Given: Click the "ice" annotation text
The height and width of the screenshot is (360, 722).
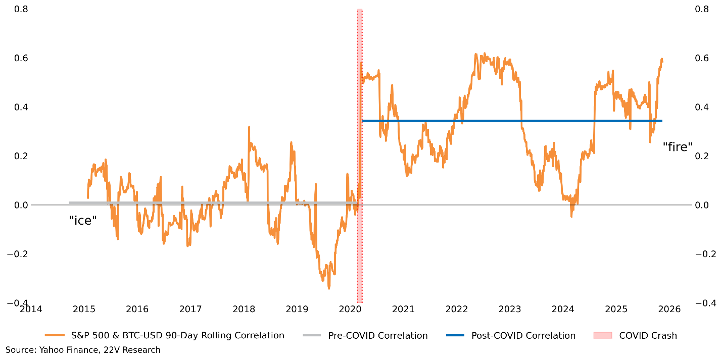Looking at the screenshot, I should point(82,220).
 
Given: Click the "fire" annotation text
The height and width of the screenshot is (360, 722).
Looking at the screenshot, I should point(678,146).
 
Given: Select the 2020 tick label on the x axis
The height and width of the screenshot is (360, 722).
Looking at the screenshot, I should point(350,308).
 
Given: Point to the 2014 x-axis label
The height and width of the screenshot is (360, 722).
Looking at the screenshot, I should point(31,308).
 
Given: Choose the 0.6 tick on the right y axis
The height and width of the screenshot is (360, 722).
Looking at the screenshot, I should point(706,59).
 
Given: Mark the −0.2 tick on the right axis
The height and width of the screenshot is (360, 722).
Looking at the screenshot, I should point(709,254).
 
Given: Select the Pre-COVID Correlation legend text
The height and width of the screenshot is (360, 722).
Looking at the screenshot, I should point(377,335).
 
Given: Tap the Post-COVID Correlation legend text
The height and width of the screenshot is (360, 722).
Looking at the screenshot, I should point(523,335).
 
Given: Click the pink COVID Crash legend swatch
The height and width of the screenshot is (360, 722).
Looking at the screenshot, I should point(601,335).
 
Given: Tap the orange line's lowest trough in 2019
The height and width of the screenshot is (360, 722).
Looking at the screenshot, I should point(329,288).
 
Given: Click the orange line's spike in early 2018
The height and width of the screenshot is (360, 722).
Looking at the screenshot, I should point(249,127).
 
